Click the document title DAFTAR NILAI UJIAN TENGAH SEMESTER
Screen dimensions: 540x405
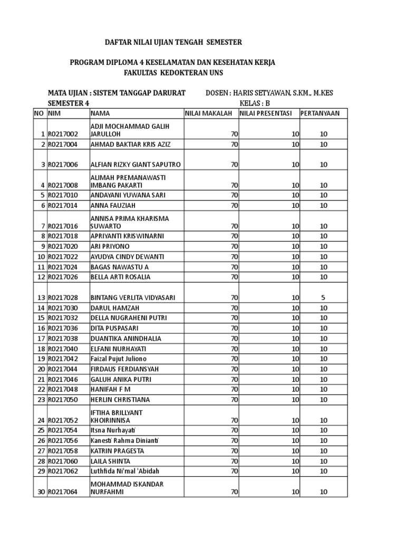pos(167,42)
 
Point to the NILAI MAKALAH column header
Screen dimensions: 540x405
pos(209,113)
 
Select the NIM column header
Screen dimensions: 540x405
pos(55,113)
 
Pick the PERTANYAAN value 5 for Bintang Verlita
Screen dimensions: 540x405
pos(323,297)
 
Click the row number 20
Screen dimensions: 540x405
pos(40,369)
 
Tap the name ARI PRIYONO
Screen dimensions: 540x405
pos(110,246)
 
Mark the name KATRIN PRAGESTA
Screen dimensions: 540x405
pos(117,451)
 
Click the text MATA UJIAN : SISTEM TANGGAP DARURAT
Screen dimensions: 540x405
pos(117,93)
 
